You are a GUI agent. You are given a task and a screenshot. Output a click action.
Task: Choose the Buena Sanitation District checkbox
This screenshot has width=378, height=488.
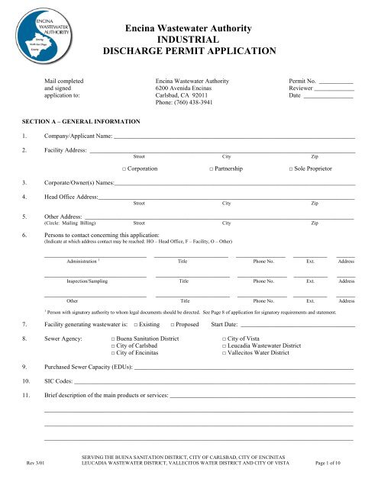coord(113,338)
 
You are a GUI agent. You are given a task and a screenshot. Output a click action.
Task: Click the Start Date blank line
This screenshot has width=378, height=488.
coord(298,325)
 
